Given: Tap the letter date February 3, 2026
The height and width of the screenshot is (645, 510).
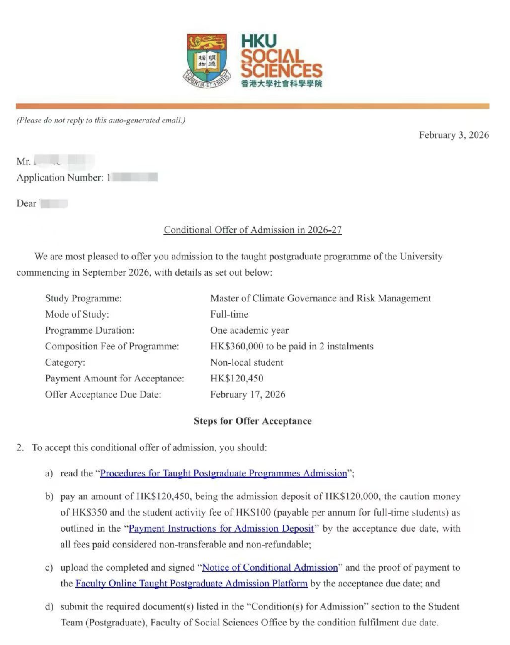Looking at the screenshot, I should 454,135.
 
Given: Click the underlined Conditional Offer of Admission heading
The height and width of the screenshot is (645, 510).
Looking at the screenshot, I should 253,230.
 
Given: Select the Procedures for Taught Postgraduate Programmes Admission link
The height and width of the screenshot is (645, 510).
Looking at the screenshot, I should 223,473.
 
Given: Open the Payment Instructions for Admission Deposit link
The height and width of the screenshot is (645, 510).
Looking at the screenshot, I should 221,528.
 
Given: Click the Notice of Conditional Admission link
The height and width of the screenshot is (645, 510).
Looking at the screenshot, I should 270,567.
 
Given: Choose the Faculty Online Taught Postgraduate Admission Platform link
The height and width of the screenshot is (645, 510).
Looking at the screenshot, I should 191,584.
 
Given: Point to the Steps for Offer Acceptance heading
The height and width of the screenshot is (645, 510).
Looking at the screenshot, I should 253,421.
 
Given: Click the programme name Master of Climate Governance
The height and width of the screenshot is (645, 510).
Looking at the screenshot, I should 321,298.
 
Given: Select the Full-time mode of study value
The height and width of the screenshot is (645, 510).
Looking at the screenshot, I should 229,314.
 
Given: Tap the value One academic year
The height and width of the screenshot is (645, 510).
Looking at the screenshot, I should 249,330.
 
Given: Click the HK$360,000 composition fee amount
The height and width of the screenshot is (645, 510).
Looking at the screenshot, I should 236,346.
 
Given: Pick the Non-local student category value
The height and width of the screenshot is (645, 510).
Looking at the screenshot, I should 246,362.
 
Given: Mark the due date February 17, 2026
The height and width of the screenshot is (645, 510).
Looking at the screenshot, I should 248,394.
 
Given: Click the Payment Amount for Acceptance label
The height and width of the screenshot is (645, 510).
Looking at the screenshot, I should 114,379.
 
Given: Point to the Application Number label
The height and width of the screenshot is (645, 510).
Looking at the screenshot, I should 60,178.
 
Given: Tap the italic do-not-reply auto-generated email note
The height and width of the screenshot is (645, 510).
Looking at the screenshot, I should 101,120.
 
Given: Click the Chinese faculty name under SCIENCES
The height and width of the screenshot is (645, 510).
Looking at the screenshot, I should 282,83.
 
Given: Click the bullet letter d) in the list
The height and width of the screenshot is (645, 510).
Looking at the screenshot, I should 49,607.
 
